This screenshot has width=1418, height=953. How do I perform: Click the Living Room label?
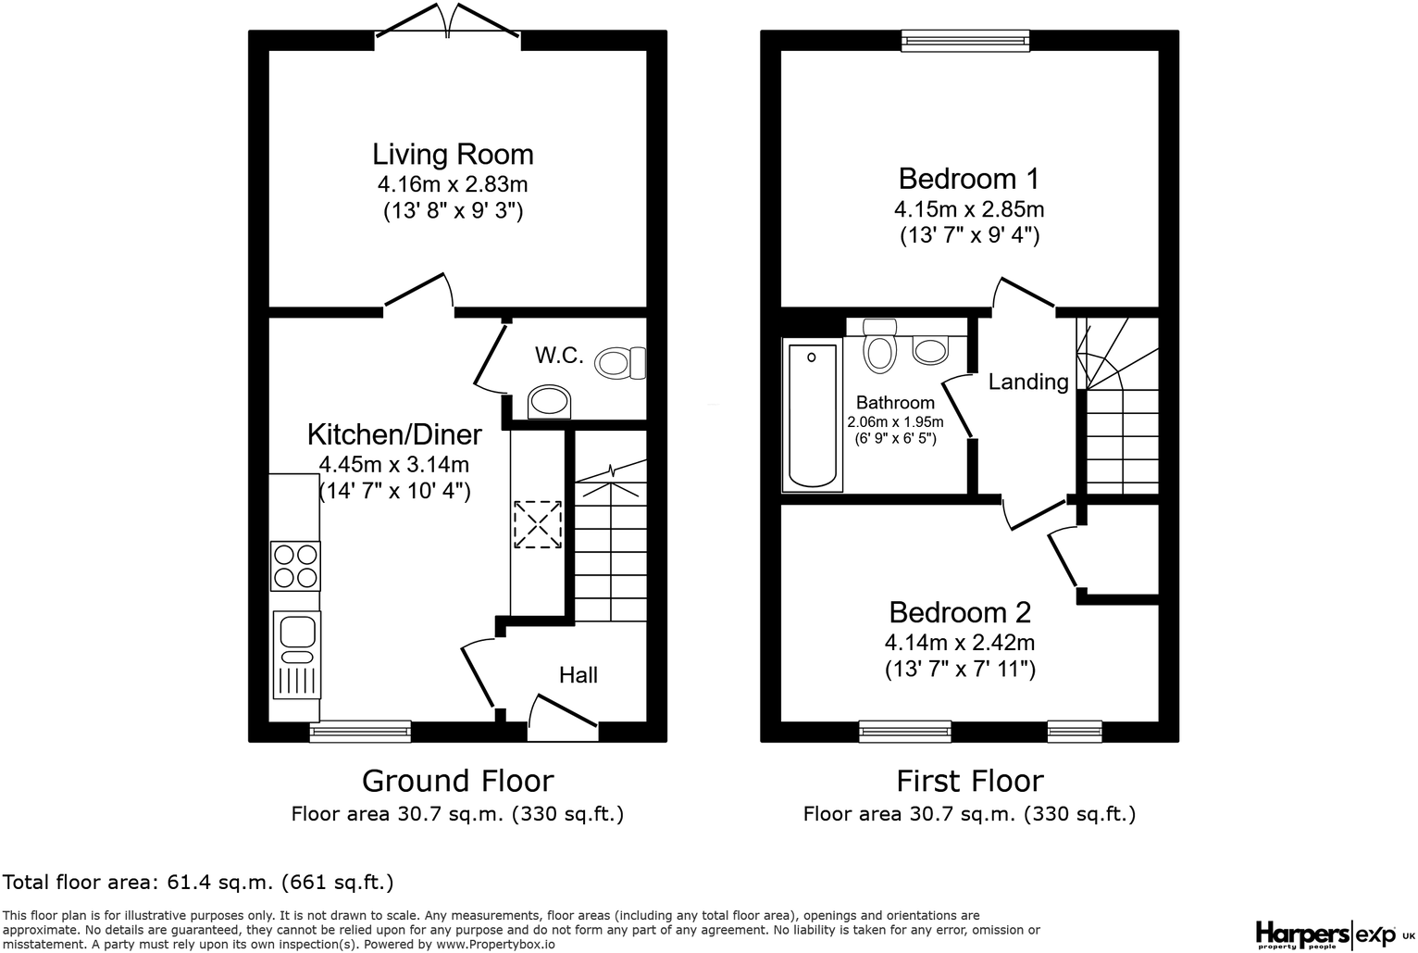453,154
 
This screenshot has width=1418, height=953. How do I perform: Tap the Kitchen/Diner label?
394,434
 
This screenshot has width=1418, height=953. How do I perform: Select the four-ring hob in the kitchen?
295,566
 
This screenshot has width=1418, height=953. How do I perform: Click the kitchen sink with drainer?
297,654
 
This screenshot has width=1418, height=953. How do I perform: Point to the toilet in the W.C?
621,362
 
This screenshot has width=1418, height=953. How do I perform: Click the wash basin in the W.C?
549,404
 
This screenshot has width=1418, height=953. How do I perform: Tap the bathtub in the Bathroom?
812,415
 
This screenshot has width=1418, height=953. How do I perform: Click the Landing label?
1027,382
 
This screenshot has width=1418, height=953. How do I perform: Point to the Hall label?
578,675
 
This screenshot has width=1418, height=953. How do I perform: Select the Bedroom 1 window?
965,39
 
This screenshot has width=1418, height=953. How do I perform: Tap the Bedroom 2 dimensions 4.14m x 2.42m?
959,642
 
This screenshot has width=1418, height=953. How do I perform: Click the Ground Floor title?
457,781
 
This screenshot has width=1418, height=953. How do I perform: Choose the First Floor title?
969,781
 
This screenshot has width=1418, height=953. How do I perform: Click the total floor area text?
199,882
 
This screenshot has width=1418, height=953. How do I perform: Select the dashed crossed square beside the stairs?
538,524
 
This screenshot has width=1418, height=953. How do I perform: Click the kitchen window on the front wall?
360,732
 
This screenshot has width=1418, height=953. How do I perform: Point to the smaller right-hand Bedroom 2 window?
1074,732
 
